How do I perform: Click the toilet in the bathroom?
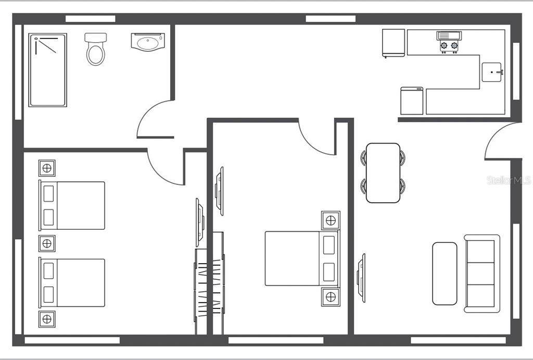pyautogui.click(x=96, y=49)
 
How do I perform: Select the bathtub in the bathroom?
pyautogui.click(x=47, y=70)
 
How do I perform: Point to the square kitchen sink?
pyautogui.click(x=491, y=72)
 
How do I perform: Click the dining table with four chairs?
pyautogui.click(x=383, y=173)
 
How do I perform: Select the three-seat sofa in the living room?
pyautogui.click(x=482, y=274)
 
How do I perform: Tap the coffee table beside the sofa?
pyautogui.click(x=445, y=274)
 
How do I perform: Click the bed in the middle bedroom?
pyautogui.click(x=302, y=258)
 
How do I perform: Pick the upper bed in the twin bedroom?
pyautogui.click(x=72, y=205)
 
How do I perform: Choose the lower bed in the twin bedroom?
pyautogui.click(x=72, y=283)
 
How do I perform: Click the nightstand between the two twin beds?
pyautogui.click(x=47, y=243)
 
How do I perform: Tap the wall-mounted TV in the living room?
pyautogui.click(x=363, y=278)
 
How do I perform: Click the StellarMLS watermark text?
pyautogui.click(x=509, y=180)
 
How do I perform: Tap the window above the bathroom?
pyautogui.click(x=91, y=19)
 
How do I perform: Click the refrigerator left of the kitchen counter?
pyautogui.click(x=394, y=43)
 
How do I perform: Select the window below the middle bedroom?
pyautogui.click(x=276, y=340)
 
